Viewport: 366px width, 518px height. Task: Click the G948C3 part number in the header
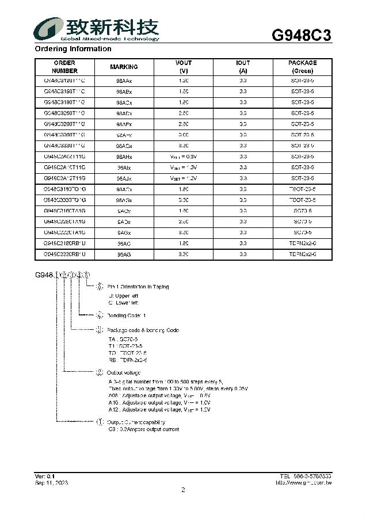pyautogui.click(x=301, y=35)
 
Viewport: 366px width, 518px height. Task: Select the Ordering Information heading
pyautogui.click(x=73, y=49)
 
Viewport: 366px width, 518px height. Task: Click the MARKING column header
pyautogui.click(x=124, y=67)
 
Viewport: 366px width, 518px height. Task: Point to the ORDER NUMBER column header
pyautogui.click(x=64, y=67)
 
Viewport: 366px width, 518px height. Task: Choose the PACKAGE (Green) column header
pyautogui.click(x=302, y=67)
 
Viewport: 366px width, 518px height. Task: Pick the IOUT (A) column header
pyautogui.click(x=243, y=67)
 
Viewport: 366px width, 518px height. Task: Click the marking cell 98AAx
pyautogui.click(x=124, y=81)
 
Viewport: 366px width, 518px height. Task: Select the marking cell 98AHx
pyautogui.click(x=124, y=157)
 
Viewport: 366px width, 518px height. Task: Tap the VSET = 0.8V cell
pyautogui.click(x=184, y=157)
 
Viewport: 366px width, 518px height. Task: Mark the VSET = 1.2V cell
pyautogui.click(x=184, y=178)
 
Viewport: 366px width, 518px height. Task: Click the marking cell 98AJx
pyautogui.click(x=124, y=178)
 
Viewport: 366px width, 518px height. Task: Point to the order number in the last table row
pyautogui.click(x=64, y=254)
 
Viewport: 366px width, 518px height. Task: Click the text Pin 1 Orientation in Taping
pyautogui.click(x=138, y=287)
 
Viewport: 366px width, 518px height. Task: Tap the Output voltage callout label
pyautogui.click(x=124, y=373)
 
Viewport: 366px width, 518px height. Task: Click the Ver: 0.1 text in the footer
pyautogui.click(x=44, y=477)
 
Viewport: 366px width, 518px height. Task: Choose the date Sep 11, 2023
pyautogui.click(x=51, y=483)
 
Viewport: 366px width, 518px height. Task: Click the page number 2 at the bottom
pyautogui.click(x=183, y=490)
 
